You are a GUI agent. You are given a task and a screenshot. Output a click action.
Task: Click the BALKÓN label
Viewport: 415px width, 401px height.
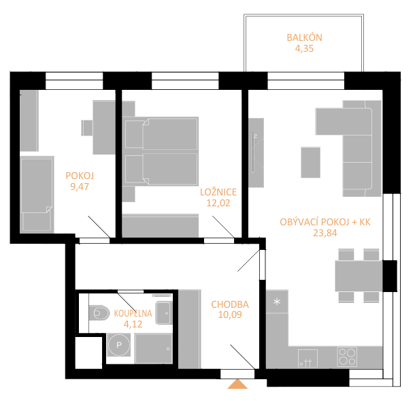[x=304, y=37]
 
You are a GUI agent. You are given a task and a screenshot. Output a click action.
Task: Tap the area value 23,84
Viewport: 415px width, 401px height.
[x=325, y=233]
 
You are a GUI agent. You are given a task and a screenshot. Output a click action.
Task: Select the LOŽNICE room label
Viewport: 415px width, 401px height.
[x=218, y=192]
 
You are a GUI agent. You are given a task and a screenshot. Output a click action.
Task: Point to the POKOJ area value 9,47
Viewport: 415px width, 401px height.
[x=80, y=187]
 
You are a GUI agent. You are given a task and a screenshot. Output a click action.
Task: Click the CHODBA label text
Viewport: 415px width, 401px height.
[x=230, y=304]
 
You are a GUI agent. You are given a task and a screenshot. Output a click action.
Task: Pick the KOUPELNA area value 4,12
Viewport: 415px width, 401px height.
[x=133, y=324]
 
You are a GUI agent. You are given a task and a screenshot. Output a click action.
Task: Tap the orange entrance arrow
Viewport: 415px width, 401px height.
[x=237, y=384]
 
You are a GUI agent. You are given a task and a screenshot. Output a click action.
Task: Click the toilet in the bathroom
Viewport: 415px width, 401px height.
[x=99, y=313]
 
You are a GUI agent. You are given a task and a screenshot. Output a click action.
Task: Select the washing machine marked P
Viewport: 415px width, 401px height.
[x=119, y=345]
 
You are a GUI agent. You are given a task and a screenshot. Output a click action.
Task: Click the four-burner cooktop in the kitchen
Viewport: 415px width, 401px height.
[x=347, y=357]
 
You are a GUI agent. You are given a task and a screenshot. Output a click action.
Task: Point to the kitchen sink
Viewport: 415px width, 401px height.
[x=308, y=358]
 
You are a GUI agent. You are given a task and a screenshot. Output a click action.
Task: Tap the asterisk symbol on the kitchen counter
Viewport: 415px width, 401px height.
[x=277, y=302]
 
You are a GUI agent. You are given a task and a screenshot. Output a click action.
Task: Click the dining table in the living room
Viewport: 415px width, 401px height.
[x=359, y=276]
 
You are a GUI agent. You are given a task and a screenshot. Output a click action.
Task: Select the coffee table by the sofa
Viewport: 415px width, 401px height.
[x=311, y=162]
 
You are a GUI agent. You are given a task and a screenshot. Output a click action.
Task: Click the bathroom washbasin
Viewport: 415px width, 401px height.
[x=164, y=312]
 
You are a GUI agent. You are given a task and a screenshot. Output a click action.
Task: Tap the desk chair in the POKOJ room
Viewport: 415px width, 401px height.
[x=87, y=128]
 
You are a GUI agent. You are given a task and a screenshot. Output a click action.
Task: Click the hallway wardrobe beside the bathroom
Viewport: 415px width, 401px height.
[x=189, y=330]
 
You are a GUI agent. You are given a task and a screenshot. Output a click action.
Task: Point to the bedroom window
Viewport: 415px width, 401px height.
[x=185, y=80]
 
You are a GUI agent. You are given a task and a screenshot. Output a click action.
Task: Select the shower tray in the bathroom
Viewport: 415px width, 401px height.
[x=154, y=349]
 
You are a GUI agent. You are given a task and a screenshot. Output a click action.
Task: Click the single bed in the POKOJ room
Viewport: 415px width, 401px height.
[x=37, y=195]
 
